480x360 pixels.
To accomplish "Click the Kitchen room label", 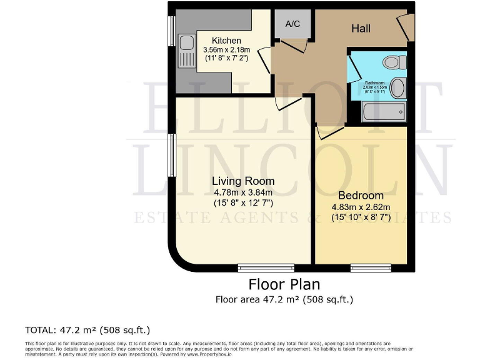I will [226, 41].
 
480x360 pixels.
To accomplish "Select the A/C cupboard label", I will [292, 24].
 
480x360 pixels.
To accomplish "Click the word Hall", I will [361, 28].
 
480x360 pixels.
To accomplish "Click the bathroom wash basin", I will [397, 87].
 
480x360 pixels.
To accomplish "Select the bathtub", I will [383, 113].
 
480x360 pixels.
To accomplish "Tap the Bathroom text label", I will [374, 82].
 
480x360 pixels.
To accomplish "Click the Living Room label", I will [243, 181].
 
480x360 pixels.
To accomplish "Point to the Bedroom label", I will [361, 195].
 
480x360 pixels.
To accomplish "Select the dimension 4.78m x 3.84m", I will [243, 192].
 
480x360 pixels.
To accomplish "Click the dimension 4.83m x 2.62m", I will [361, 207].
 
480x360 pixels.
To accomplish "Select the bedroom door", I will [328, 132].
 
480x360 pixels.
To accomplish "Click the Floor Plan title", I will [284, 284].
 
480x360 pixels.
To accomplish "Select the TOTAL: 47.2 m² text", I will [87, 329].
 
